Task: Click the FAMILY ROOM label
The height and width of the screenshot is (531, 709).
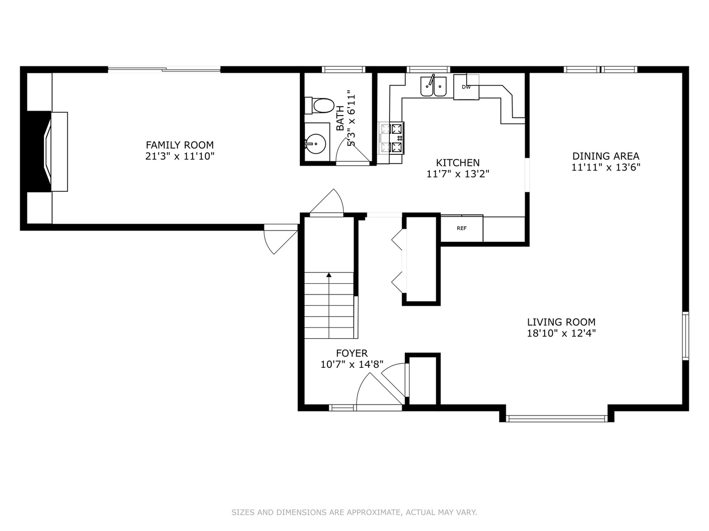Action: (x=180, y=145)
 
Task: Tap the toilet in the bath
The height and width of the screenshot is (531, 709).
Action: (x=320, y=106)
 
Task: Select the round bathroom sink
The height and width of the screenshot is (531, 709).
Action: (x=316, y=144)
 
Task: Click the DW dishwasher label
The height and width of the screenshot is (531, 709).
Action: (x=466, y=87)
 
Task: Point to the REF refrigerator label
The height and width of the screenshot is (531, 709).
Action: (x=461, y=228)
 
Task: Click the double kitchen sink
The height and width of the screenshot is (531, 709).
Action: (x=433, y=86)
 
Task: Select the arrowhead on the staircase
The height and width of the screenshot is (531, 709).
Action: (x=329, y=275)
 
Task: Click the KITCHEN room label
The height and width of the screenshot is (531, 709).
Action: (x=458, y=162)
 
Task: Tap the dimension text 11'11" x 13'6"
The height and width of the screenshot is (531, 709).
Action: (x=606, y=167)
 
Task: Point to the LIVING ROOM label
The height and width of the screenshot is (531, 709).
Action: (x=561, y=322)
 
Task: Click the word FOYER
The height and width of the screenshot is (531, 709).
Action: (x=352, y=353)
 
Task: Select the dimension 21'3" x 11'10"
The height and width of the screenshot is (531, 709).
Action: (x=180, y=156)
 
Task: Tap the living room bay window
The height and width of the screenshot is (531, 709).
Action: (x=556, y=419)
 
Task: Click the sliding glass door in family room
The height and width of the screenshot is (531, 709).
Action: (x=164, y=69)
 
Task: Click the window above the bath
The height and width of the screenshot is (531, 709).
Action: (x=343, y=69)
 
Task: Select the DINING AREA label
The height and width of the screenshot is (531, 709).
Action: (x=606, y=156)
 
